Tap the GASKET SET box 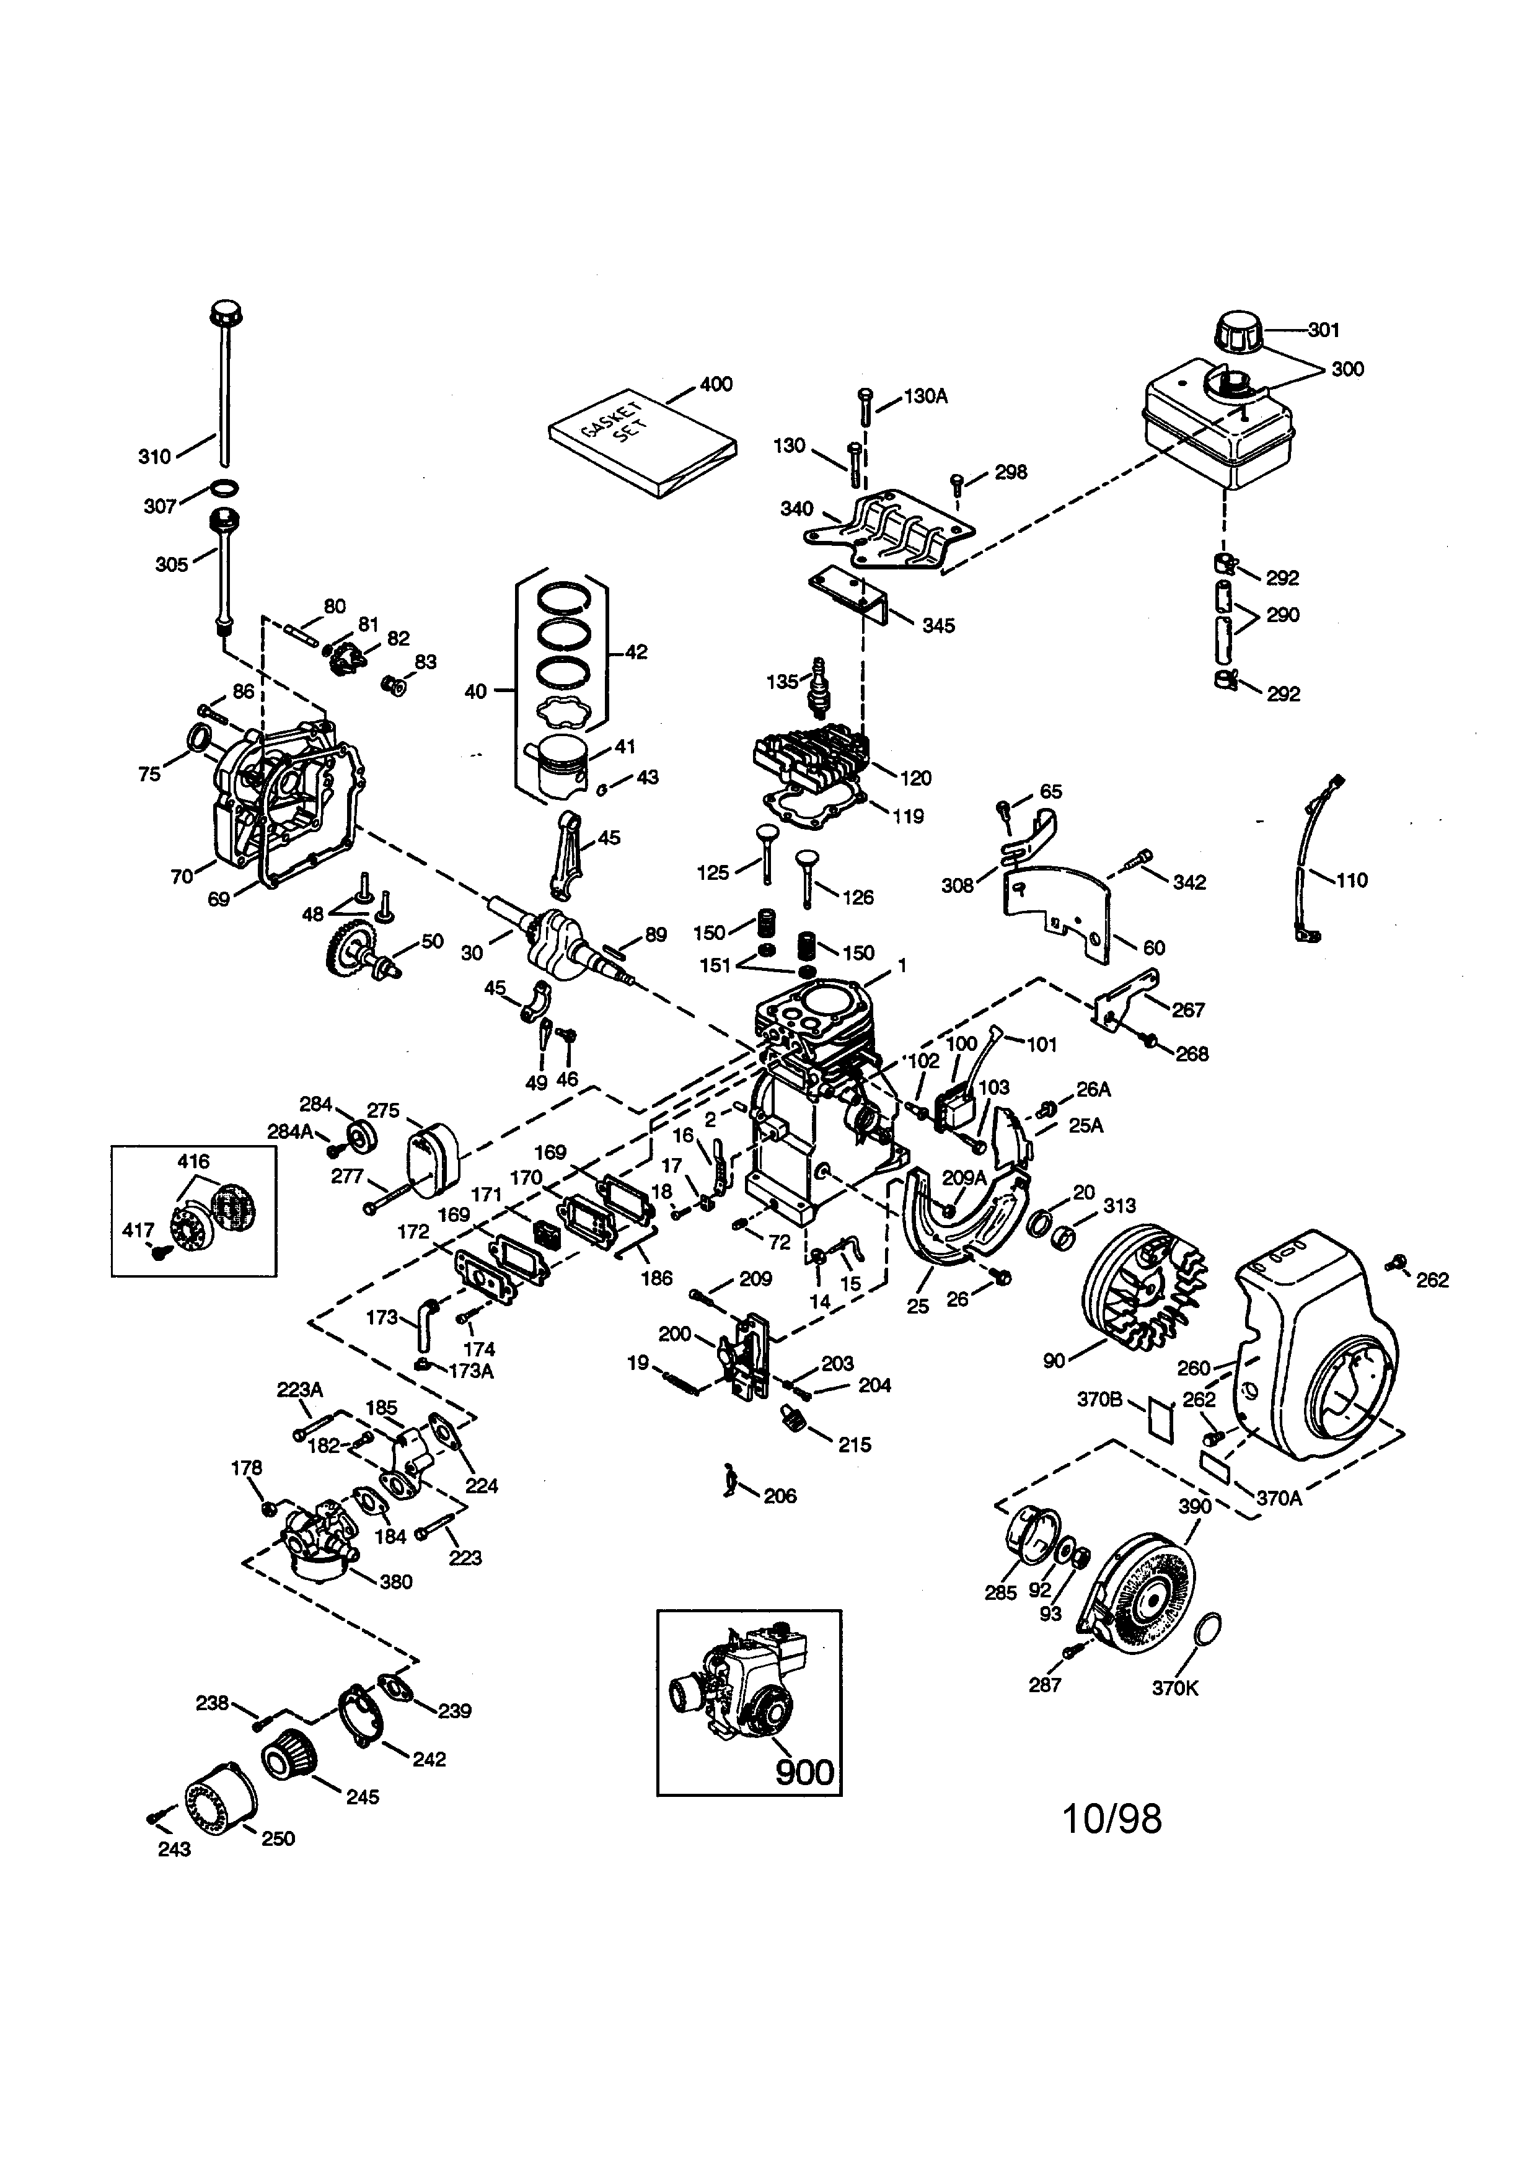[x=643, y=442]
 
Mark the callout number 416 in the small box [x=193, y=1161]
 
